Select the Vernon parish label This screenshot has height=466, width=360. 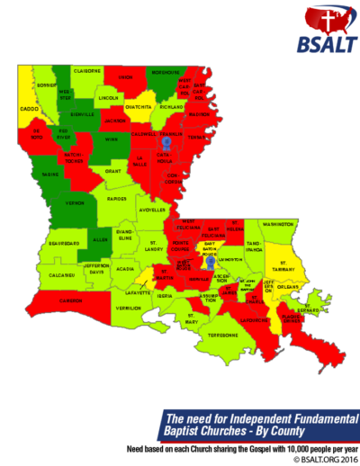pyautogui.click(x=50, y=203)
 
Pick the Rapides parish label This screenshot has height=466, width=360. pyautogui.click(x=117, y=199)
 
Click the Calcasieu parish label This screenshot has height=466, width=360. pyautogui.click(x=62, y=274)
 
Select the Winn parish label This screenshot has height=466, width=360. pyautogui.click(x=112, y=139)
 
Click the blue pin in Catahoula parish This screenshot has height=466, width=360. pyautogui.click(x=166, y=142)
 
